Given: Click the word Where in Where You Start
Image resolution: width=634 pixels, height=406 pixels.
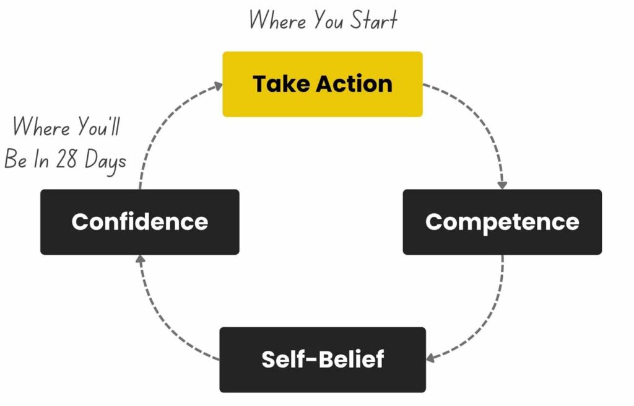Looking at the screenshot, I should pyautogui.click(x=277, y=20).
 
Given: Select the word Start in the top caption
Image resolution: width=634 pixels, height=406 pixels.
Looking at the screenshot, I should pyautogui.click(x=373, y=20).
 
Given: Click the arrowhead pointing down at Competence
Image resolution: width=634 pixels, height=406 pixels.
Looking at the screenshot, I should pyautogui.click(x=502, y=184).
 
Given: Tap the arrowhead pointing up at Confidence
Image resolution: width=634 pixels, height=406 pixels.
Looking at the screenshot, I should pyautogui.click(x=140, y=259).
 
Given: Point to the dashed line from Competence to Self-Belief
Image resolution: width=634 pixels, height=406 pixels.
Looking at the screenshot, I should pyautogui.click(x=489, y=322).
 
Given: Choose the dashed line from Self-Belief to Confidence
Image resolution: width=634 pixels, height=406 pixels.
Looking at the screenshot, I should pyautogui.click(x=161, y=322).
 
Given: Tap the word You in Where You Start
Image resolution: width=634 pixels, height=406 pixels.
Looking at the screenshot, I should pyautogui.click(x=329, y=20).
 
